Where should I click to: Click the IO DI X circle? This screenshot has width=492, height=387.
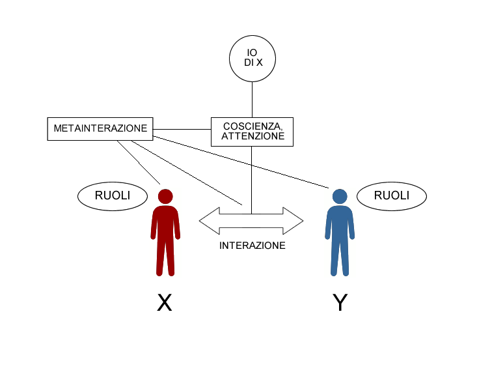(253, 58)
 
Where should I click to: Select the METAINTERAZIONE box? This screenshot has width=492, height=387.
(100, 128)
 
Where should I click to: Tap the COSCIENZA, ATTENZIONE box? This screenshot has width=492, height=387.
(252, 131)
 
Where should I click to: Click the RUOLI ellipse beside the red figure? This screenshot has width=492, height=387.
(113, 195)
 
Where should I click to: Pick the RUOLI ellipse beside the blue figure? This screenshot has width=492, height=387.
(392, 195)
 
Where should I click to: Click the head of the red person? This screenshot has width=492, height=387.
(165, 196)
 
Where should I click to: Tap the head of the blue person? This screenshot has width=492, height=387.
(339, 196)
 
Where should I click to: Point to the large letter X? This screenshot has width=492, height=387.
(165, 302)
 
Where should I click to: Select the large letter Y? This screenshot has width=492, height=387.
(339, 302)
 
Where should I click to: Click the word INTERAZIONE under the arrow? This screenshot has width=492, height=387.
(253, 246)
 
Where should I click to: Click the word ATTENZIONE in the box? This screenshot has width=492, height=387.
(253, 137)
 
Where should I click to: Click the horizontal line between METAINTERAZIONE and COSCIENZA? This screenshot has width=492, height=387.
(182, 128)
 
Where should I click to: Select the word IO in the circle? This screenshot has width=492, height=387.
(253, 52)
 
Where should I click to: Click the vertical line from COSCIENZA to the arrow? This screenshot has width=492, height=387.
(252, 176)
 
